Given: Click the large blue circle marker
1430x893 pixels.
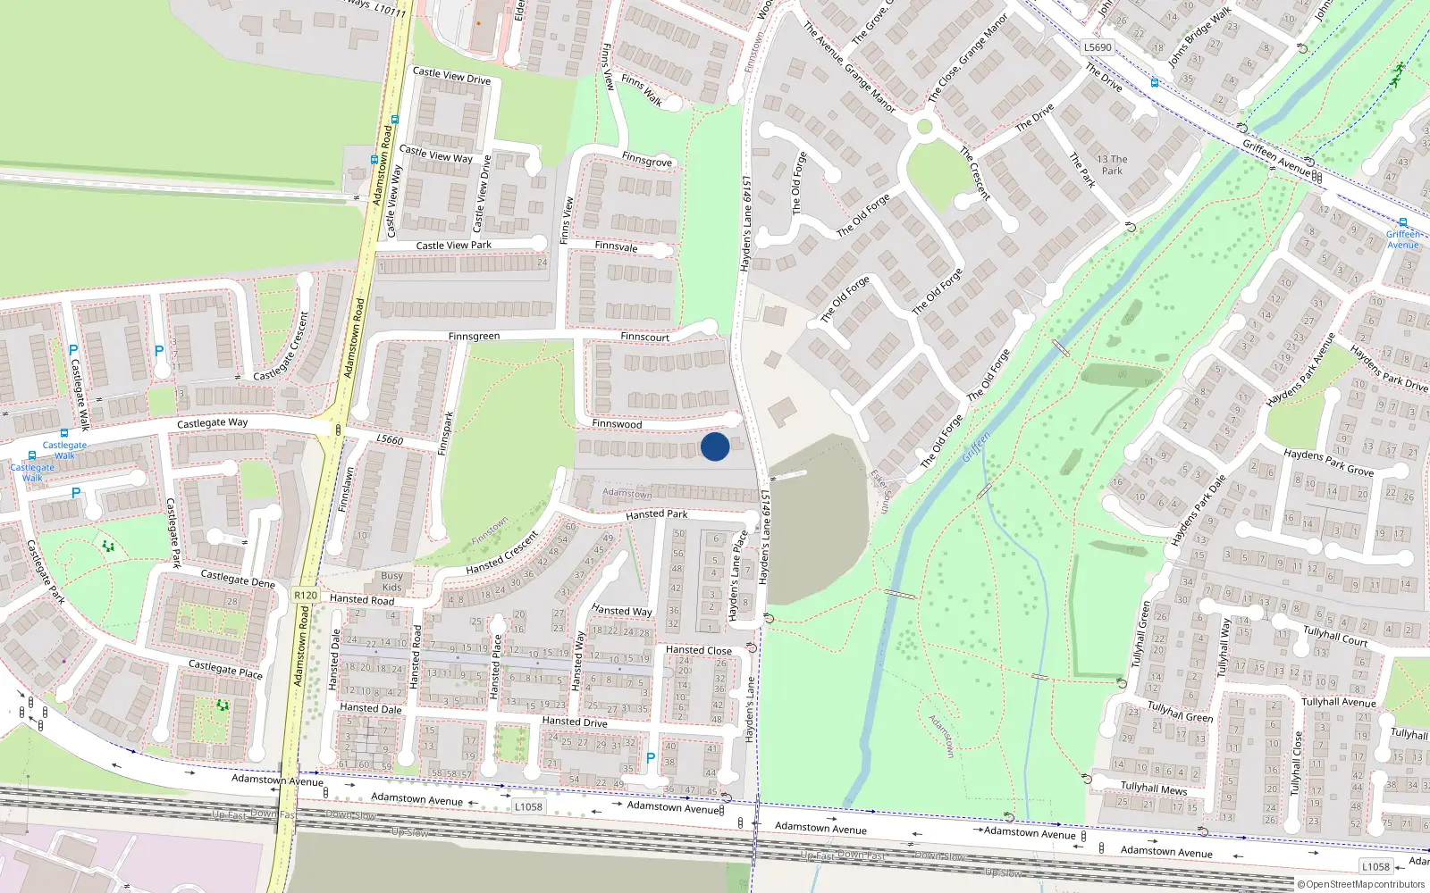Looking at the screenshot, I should pos(715,446).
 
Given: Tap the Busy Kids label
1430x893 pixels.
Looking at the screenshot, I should pos(391,581).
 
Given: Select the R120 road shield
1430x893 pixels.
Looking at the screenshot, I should pos(306,595).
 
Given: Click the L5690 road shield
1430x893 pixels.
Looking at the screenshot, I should pos(1098,47).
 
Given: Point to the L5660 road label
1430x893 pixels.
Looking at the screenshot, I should pos(390,439).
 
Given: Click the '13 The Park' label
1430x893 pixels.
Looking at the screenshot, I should pos(1112,165).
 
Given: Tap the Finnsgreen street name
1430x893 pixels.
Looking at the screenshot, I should pos(474,337).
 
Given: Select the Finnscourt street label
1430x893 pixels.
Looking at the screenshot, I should pos(644,338).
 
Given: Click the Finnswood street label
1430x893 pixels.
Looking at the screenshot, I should pos(617,424).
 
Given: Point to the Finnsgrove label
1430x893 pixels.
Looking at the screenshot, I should pos(647,161).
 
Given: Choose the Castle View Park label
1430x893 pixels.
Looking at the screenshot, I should pos(454,246).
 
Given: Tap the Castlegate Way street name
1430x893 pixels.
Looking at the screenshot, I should pos(212,423).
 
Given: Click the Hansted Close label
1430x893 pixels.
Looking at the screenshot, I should pos(699,650).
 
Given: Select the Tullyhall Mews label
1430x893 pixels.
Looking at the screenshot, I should pos(1154,788).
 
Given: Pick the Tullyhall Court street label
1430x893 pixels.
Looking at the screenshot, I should pos(1335,635).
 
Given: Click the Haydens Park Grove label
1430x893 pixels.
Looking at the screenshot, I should pos(1328,462).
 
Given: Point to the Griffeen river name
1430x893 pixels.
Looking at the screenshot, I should pos(976,446).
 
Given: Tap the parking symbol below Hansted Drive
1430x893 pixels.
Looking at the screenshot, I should pos(651,758).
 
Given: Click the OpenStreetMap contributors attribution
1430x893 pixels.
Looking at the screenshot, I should pos(1361,885).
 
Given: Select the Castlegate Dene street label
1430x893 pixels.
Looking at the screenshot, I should pos(238,579).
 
